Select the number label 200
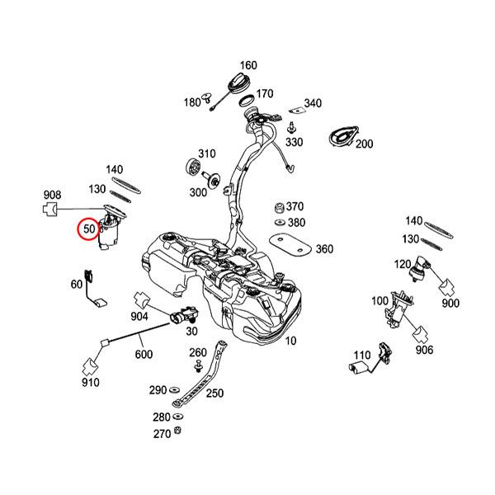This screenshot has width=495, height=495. click(364, 144)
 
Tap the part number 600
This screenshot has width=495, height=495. click(144, 354)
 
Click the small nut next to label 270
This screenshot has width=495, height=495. click(178, 431)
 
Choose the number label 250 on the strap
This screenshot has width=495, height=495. click(214, 394)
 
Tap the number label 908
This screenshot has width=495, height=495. click(52, 196)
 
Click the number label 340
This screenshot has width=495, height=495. click(313, 103)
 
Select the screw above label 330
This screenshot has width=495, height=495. click(293, 126)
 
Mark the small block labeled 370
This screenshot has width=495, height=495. click(279, 206)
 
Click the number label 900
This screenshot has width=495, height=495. click(450, 304)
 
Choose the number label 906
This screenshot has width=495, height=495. click(424, 350)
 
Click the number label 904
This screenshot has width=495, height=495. click(139, 316)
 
